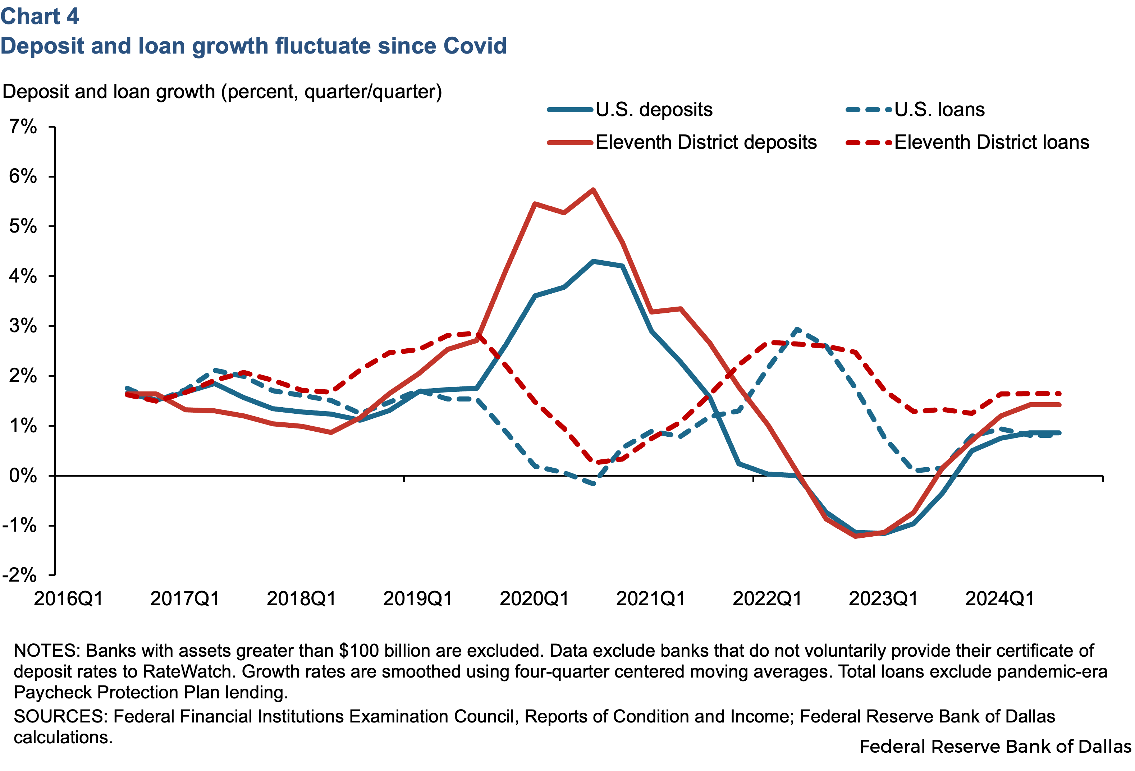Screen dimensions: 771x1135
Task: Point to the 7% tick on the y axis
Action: [23, 127]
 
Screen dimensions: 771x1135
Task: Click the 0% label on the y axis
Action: [23, 476]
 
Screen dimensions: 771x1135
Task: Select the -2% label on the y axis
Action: [19, 575]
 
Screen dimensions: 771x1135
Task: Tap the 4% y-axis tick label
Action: [23, 276]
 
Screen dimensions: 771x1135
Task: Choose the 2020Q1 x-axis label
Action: [534, 598]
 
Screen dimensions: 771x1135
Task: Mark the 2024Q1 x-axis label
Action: [1000, 598]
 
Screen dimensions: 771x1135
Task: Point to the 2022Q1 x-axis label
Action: [767, 598]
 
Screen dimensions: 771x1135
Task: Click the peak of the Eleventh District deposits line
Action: [593, 189]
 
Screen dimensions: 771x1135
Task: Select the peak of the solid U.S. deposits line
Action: [593, 261]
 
